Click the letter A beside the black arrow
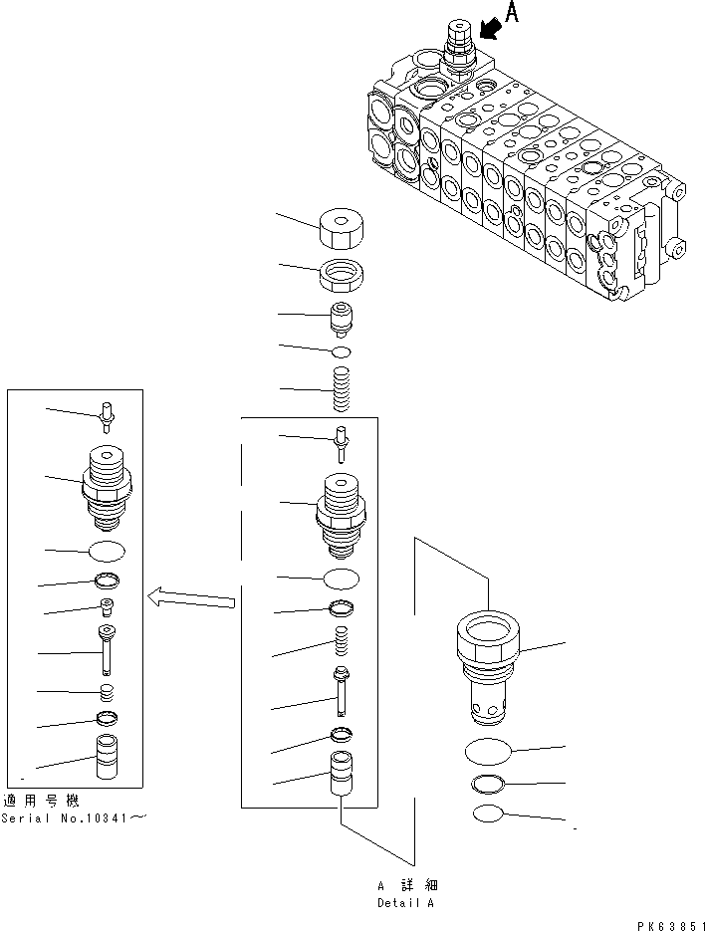pyautogui.click(x=512, y=13)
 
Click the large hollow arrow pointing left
pyautogui.click(x=191, y=597)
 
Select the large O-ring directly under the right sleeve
pyautogui.click(x=488, y=749)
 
